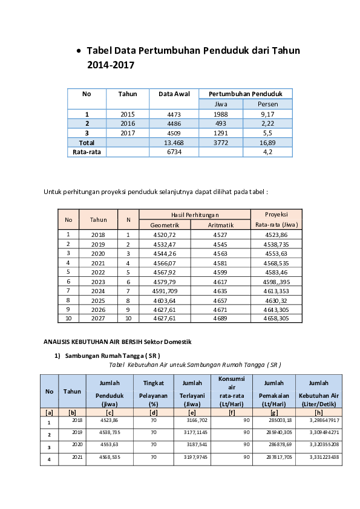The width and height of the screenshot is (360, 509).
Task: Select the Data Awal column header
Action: point(174,94)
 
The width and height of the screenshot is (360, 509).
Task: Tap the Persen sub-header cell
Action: point(267,104)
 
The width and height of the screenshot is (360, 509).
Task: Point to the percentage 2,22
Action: point(267,123)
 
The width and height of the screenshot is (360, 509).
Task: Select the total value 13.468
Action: point(174,143)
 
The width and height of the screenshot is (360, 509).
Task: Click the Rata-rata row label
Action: point(87,152)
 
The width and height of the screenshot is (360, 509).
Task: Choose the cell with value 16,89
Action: point(267,143)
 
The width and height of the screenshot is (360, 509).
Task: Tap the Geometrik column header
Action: point(165,225)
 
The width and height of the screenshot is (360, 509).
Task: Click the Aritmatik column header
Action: point(220,225)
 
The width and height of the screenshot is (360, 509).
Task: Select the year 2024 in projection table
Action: point(98,291)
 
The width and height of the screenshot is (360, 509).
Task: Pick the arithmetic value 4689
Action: point(220,318)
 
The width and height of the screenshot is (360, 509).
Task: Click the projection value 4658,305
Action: point(276,318)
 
